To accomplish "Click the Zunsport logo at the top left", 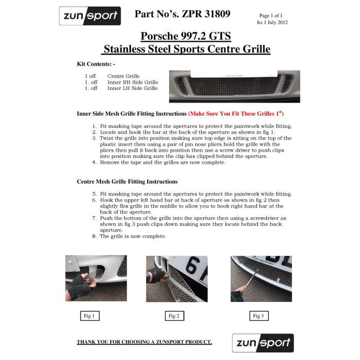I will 90,16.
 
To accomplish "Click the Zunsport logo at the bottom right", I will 263,343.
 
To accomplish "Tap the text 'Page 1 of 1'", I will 271,16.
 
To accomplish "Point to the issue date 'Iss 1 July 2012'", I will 272,23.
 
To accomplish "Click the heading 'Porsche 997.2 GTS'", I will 186,37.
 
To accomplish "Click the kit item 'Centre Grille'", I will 123,76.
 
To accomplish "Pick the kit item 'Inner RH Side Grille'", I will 133,82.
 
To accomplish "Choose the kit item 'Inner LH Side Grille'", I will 132,88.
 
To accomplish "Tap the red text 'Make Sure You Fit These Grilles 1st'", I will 237,113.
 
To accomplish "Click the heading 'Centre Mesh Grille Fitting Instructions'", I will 127,182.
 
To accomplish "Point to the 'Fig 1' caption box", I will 89,316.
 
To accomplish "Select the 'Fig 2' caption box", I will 173,316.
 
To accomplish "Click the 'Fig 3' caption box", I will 258,316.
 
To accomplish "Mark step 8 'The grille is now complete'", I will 133,236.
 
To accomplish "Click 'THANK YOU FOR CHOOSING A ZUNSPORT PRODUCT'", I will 144,342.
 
